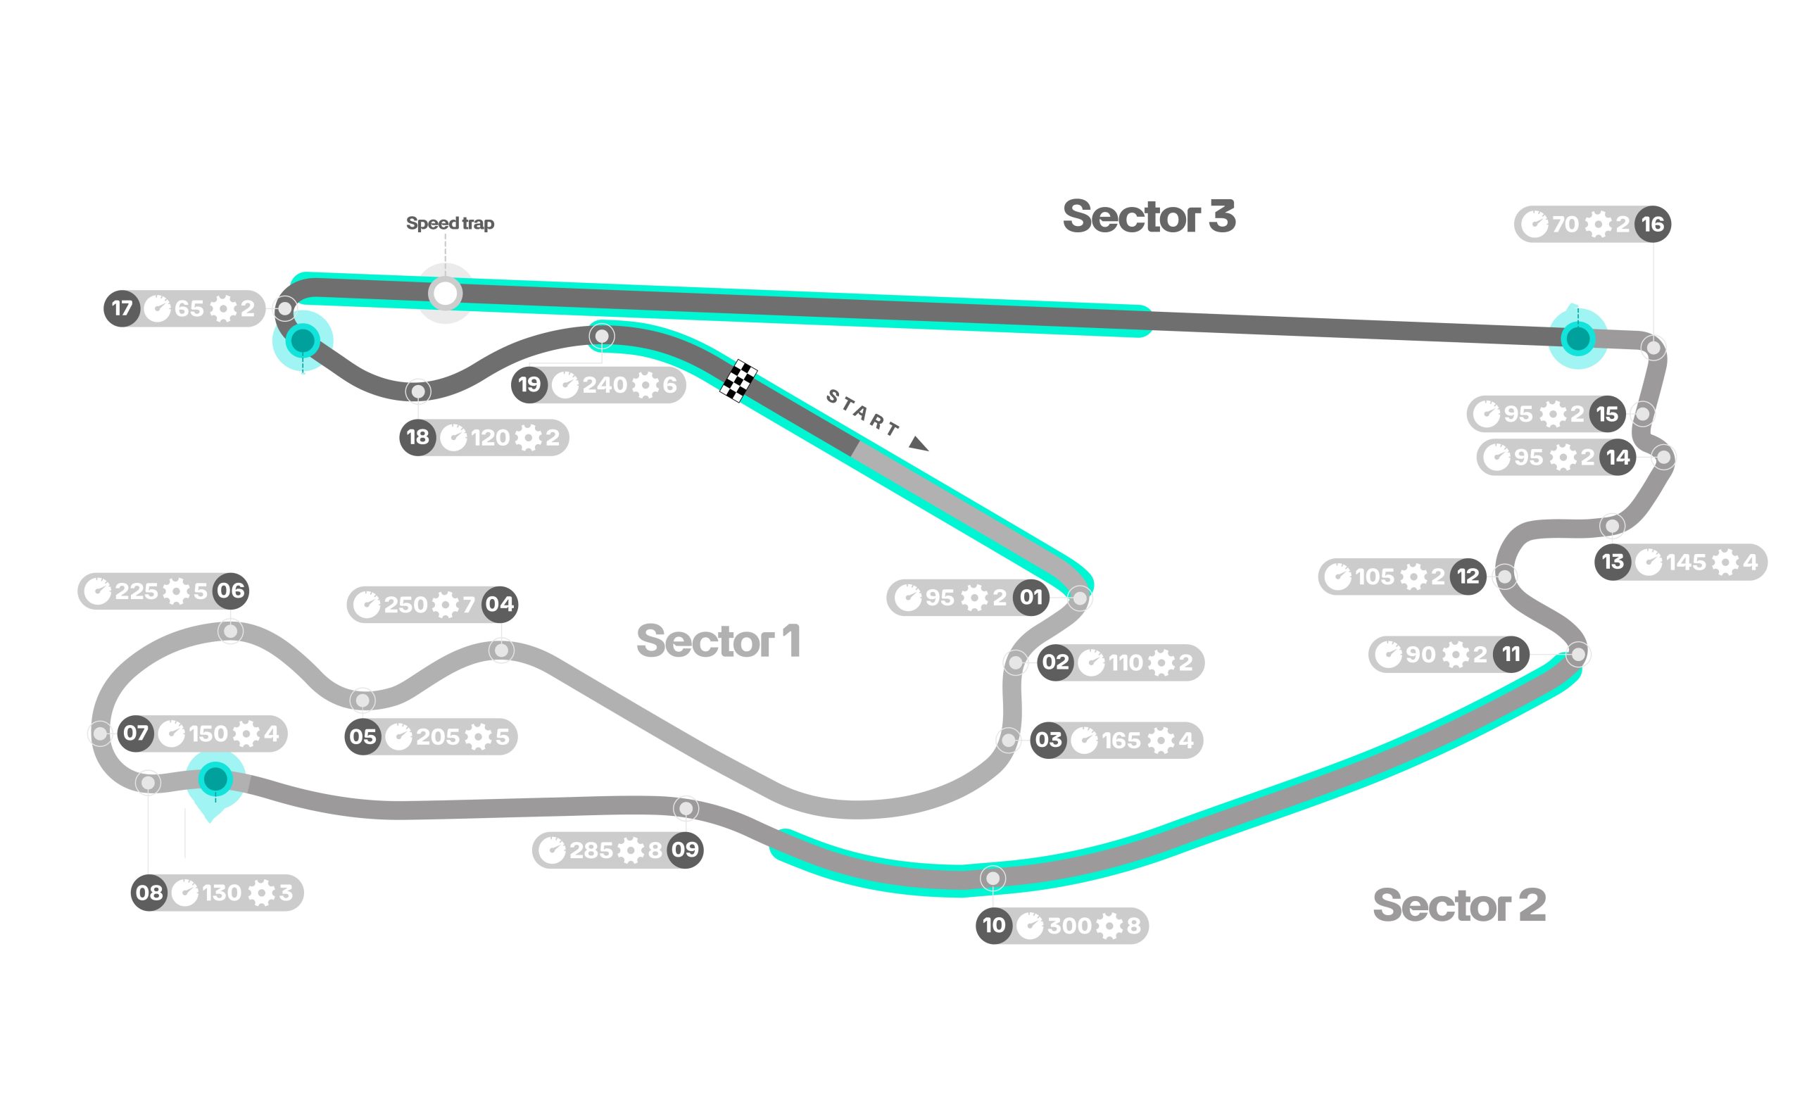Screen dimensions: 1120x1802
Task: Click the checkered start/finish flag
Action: pyautogui.click(x=738, y=381)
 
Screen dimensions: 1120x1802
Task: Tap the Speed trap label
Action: pyautogui.click(x=450, y=223)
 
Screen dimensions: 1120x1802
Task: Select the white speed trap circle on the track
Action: pyautogui.click(x=445, y=294)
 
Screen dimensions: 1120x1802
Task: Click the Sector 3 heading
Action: pyautogui.click(x=1149, y=216)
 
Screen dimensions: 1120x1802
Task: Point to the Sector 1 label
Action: pyautogui.click(x=719, y=641)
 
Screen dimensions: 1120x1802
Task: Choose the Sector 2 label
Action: pyautogui.click(x=1459, y=905)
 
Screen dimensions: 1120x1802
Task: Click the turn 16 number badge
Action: pyautogui.click(x=1652, y=224)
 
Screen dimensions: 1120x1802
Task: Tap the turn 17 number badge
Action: pyautogui.click(x=122, y=308)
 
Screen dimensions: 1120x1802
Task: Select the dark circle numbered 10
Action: pyautogui.click(x=994, y=925)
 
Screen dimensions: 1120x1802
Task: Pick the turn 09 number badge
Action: pyautogui.click(x=685, y=850)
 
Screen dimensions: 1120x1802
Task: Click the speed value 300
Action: pyautogui.click(x=1069, y=925)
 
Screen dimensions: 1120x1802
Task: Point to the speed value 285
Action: pyautogui.click(x=591, y=850)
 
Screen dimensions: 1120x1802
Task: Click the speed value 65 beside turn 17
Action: pyautogui.click(x=189, y=308)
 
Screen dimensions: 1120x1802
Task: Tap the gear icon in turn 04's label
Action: pyautogui.click(x=445, y=605)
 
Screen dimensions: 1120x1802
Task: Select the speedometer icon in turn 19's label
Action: pyautogui.click(x=565, y=384)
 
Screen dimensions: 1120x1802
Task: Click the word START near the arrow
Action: pyautogui.click(x=863, y=412)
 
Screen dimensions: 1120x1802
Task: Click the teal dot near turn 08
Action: pyautogui.click(x=215, y=779)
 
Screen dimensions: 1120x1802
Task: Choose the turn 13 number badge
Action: pyautogui.click(x=1613, y=562)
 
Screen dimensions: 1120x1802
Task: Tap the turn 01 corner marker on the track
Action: pyautogui.click(x=1080, y=597)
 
